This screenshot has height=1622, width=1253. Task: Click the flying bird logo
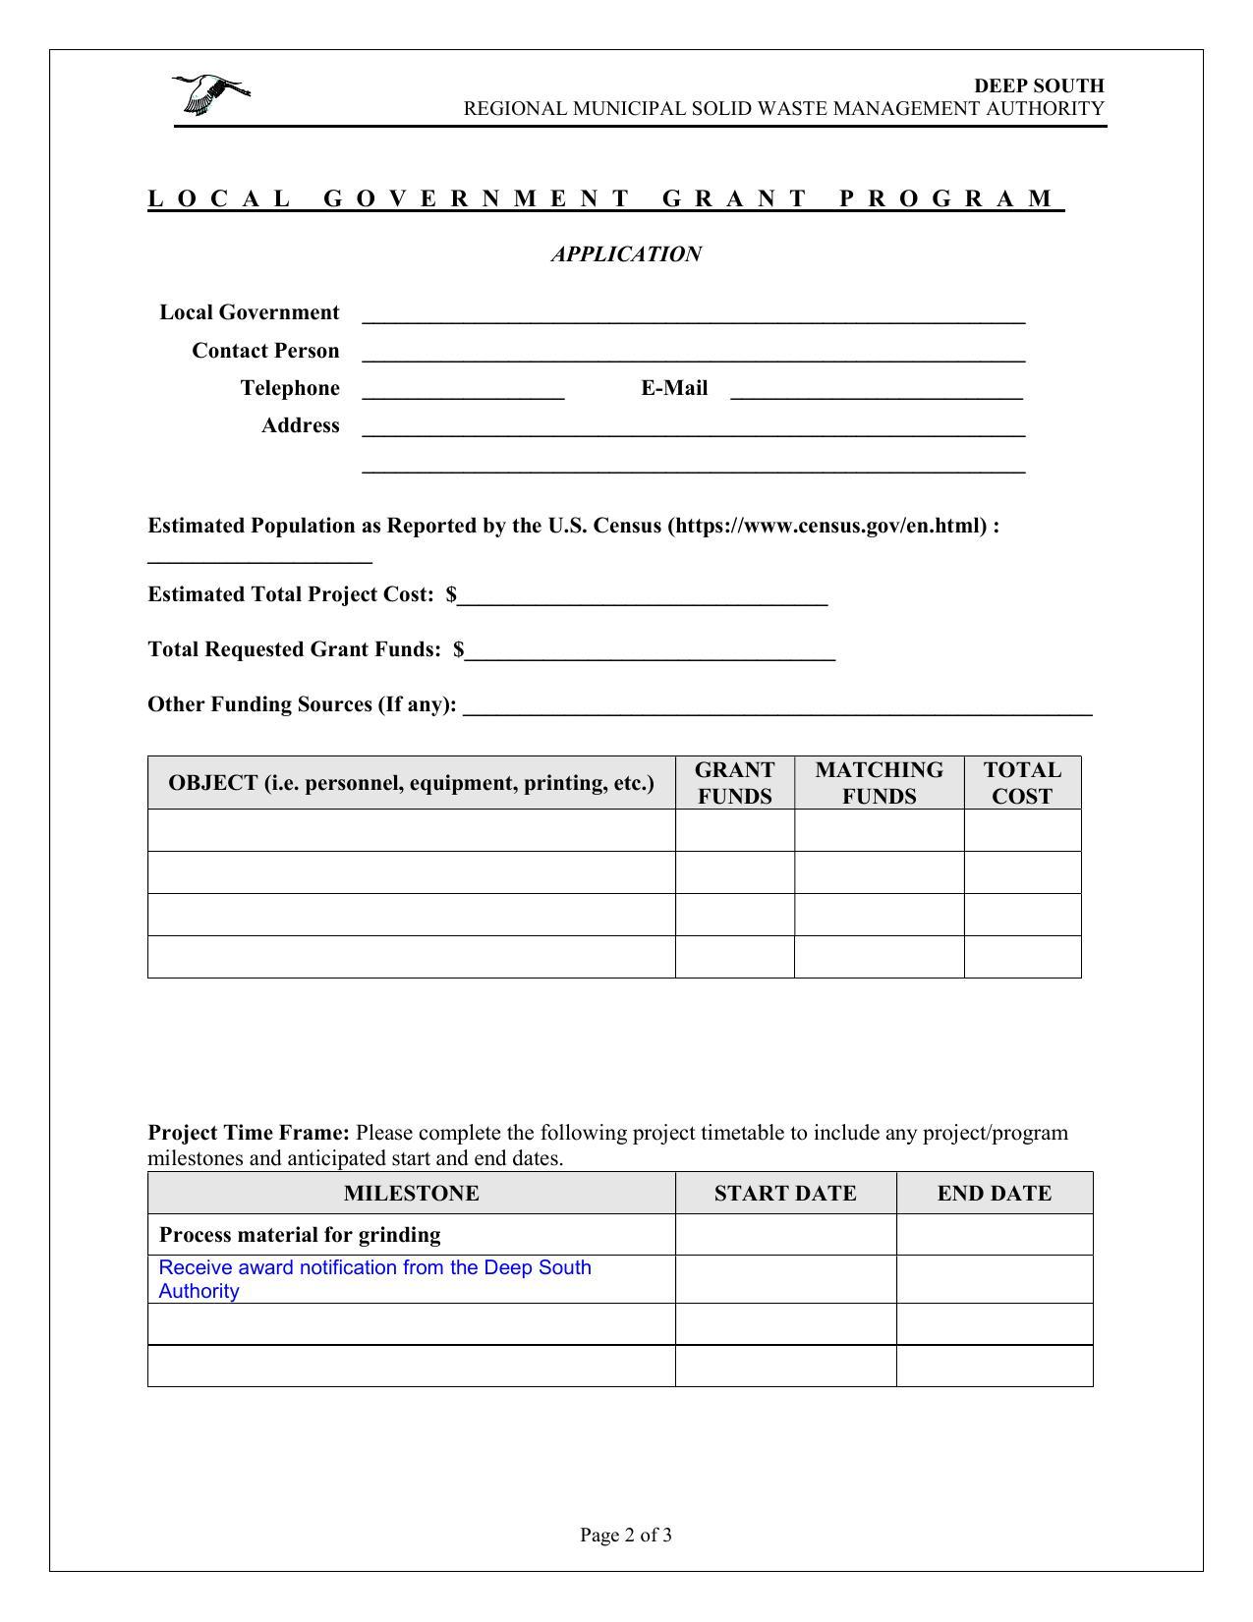click(211, 94)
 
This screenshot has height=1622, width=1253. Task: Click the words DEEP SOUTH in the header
click(1039, 85)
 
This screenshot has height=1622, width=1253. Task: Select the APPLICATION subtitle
click(626, 254)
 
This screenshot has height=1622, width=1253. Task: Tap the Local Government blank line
click(693, 314)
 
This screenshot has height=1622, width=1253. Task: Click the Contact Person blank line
click(693, 353)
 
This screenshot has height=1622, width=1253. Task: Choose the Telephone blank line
click(463, 390)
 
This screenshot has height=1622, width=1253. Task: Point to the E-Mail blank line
click(877, 390)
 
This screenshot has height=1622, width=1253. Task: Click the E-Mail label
click(674, 388)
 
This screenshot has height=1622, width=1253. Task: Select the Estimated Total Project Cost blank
click(643, 596)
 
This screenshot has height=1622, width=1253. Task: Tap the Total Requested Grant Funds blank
click(650, 651)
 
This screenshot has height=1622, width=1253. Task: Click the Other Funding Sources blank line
click(776, 706)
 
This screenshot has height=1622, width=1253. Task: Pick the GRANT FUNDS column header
click(734, 783)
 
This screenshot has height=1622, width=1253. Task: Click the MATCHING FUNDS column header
click(879, 783)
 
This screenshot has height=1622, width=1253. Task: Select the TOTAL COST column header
click(1022, 783)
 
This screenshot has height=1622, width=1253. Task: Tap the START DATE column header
click(785, 1193)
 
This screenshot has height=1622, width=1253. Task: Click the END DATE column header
click(994, 1193)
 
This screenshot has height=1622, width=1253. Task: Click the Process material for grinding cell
click(300, 1235)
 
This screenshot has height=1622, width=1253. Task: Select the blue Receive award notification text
click(374, 1279)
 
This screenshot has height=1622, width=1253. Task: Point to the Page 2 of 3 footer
click(626, 1536)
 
